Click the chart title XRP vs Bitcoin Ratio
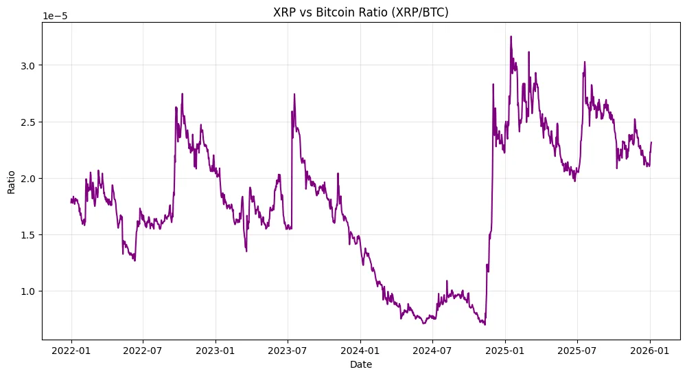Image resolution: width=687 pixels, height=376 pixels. (x=361, y=12)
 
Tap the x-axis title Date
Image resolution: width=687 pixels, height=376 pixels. (x=361, y=364)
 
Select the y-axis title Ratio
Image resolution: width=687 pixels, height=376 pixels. (x=12, y=181)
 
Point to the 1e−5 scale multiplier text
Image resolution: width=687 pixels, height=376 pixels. (x=55, y=16)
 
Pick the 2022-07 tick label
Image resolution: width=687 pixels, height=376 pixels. (x=143, y=350)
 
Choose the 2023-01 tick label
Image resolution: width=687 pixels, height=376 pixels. (x=216, y=350)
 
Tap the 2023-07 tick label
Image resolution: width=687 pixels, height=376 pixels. (x=287, y=350)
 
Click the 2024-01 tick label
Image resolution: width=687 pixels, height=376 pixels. (x=360, y=350)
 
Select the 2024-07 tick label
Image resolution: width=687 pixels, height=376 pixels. (x=432, y=350)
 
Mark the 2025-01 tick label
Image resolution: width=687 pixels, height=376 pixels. (x=505, y=350)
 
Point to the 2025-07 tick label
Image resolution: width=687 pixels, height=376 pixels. (x=577, y=350)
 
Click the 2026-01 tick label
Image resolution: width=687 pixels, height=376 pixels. (x=650, y=350)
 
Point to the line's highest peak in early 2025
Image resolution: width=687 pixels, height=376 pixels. (x=511, y=36)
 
